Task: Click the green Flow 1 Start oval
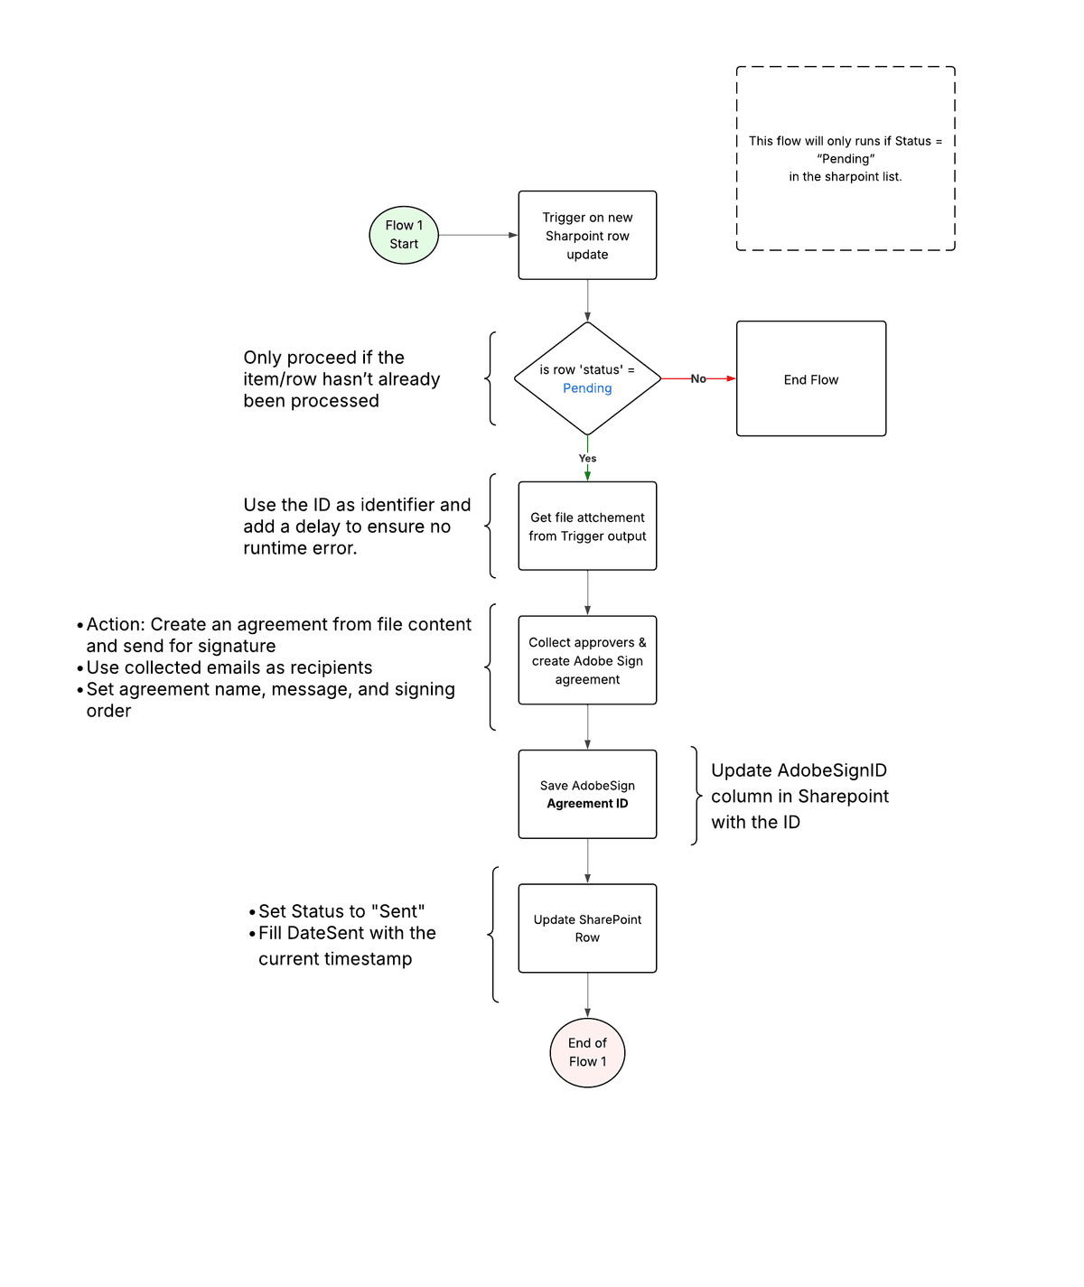coord(404,235)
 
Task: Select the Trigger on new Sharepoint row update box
coord(587,235)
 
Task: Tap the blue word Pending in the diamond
coord(587,388)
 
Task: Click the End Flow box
coord(810,379)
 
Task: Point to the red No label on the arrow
coord(698,379)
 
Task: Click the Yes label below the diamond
coord(587,459)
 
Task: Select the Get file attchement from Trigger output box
coord(587,526)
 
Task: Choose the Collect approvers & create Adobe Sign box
coord(587,660)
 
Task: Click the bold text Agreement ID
coord(587,804)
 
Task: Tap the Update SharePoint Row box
coord(587,928)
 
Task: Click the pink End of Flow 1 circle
coord(587,1052)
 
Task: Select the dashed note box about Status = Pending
coord(846,159)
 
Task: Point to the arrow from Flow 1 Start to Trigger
coord(477,235)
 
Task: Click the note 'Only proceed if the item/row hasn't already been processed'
coord(341,379)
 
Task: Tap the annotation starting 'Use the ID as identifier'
coord(356,527)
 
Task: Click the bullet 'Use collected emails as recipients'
coord(229,667)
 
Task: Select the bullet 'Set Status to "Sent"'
coord(341,911)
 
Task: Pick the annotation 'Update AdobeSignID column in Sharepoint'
coord(799,796)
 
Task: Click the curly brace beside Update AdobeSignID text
coord(696,796)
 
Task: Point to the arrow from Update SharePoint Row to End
coord(587,994)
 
